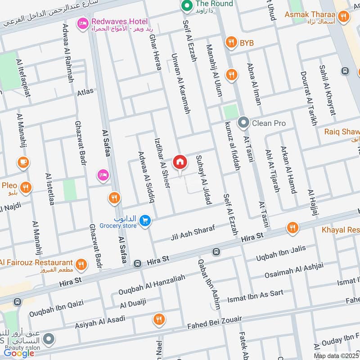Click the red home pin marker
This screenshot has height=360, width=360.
click(x=180, y=162)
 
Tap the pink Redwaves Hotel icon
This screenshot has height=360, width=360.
click(x=82, y=23)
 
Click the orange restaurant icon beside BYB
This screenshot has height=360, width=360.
click(x=231, y=43)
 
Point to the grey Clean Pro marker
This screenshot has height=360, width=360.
click(x=243, y=122)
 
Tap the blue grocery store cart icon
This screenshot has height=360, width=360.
click(x=145, y=220)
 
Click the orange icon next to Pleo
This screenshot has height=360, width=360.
click(x=26, y=187)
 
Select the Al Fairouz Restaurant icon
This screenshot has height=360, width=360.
click(x=81, y=264)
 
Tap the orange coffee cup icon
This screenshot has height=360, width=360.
click(x=22, y=162)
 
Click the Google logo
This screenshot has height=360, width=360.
click(x=19, y=353)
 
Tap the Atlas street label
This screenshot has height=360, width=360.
click(x=85, y=92)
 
